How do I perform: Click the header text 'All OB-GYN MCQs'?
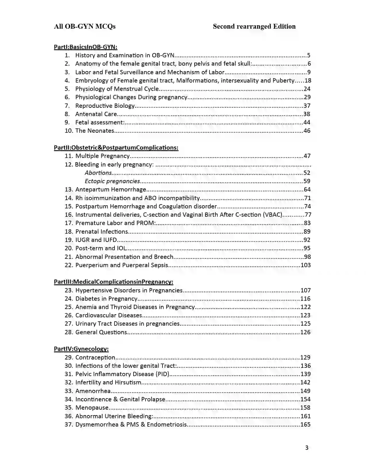point(85,26)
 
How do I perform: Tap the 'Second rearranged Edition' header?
point(254,26)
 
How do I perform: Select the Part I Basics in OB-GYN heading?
point(86,47)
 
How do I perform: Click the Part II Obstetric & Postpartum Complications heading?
point(116,148)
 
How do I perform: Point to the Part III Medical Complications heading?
point(113,282)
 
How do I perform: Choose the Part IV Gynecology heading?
point(81,349)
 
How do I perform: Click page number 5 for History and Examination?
point(309,55)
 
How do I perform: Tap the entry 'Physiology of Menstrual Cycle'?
point(117,89)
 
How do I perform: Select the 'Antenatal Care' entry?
point(96,114)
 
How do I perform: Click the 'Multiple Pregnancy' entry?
point(102,156)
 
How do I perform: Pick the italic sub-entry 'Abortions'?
point(98,173)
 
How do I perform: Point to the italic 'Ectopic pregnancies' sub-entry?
point(112,181)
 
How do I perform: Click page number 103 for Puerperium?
point(306,265)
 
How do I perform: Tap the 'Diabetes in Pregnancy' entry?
point(106,299)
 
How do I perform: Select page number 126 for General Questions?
point(305,332)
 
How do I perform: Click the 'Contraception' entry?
point(95,357)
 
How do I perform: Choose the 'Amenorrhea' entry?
point(93,391)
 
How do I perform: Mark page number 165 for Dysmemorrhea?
point(305,425)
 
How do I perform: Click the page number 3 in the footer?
point(307,448)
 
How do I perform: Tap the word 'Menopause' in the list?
point(92,408)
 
